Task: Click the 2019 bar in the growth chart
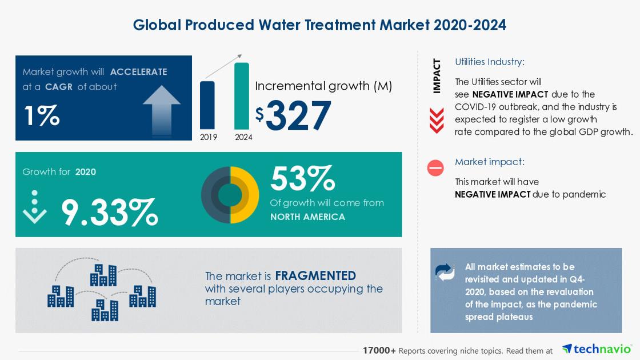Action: coord(207,105)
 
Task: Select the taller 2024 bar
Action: coord(242,96)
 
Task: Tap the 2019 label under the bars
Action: coord(209,137)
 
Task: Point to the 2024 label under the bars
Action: coord(243,137)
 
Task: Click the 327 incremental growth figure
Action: coord(298,115)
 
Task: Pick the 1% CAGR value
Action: coord(42,115)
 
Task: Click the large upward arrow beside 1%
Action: coord(162,109)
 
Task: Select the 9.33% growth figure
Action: coord(109,212)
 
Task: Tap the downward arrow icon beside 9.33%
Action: coord(35,207)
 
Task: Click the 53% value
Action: coord(302,179)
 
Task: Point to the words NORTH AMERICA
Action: coord(307,217)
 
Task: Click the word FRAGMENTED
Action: coord(315,276)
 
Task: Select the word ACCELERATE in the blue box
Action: coord(138,72)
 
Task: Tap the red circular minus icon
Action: coord(435,168)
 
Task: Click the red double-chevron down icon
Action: coord(437,121)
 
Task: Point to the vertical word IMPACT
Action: coord(437,75)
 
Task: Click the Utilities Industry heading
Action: coord(489,62)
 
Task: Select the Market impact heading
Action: coord(489,162)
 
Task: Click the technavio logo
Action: coord(597,349)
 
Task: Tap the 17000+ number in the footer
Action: coord(379,350)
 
